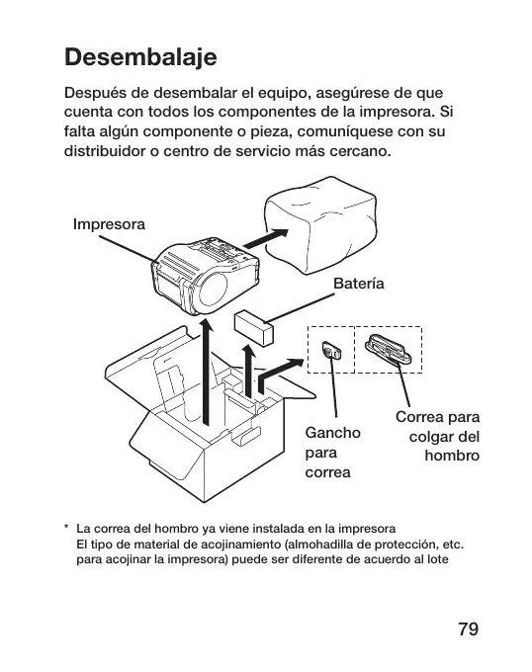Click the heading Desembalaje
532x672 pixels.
click(140, 57)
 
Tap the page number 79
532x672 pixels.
click(468, 630)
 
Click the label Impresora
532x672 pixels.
click(109, 224)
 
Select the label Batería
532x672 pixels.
click(359, 284)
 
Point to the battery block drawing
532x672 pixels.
click(254, 328)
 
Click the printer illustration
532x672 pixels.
click(206, 277)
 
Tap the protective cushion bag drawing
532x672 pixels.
click(320, 225)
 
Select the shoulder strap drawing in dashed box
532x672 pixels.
click(389, 349)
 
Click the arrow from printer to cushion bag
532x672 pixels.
click(266, 238)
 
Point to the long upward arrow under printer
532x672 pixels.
click(207, 372)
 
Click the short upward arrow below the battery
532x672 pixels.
click(248, 370)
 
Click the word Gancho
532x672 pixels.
click(332, 433)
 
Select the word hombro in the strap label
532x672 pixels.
click(452, 456)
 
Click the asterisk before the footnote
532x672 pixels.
click(66, 527)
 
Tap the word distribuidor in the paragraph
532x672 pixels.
click(105, 151)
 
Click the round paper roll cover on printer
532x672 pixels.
click(213, 290)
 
